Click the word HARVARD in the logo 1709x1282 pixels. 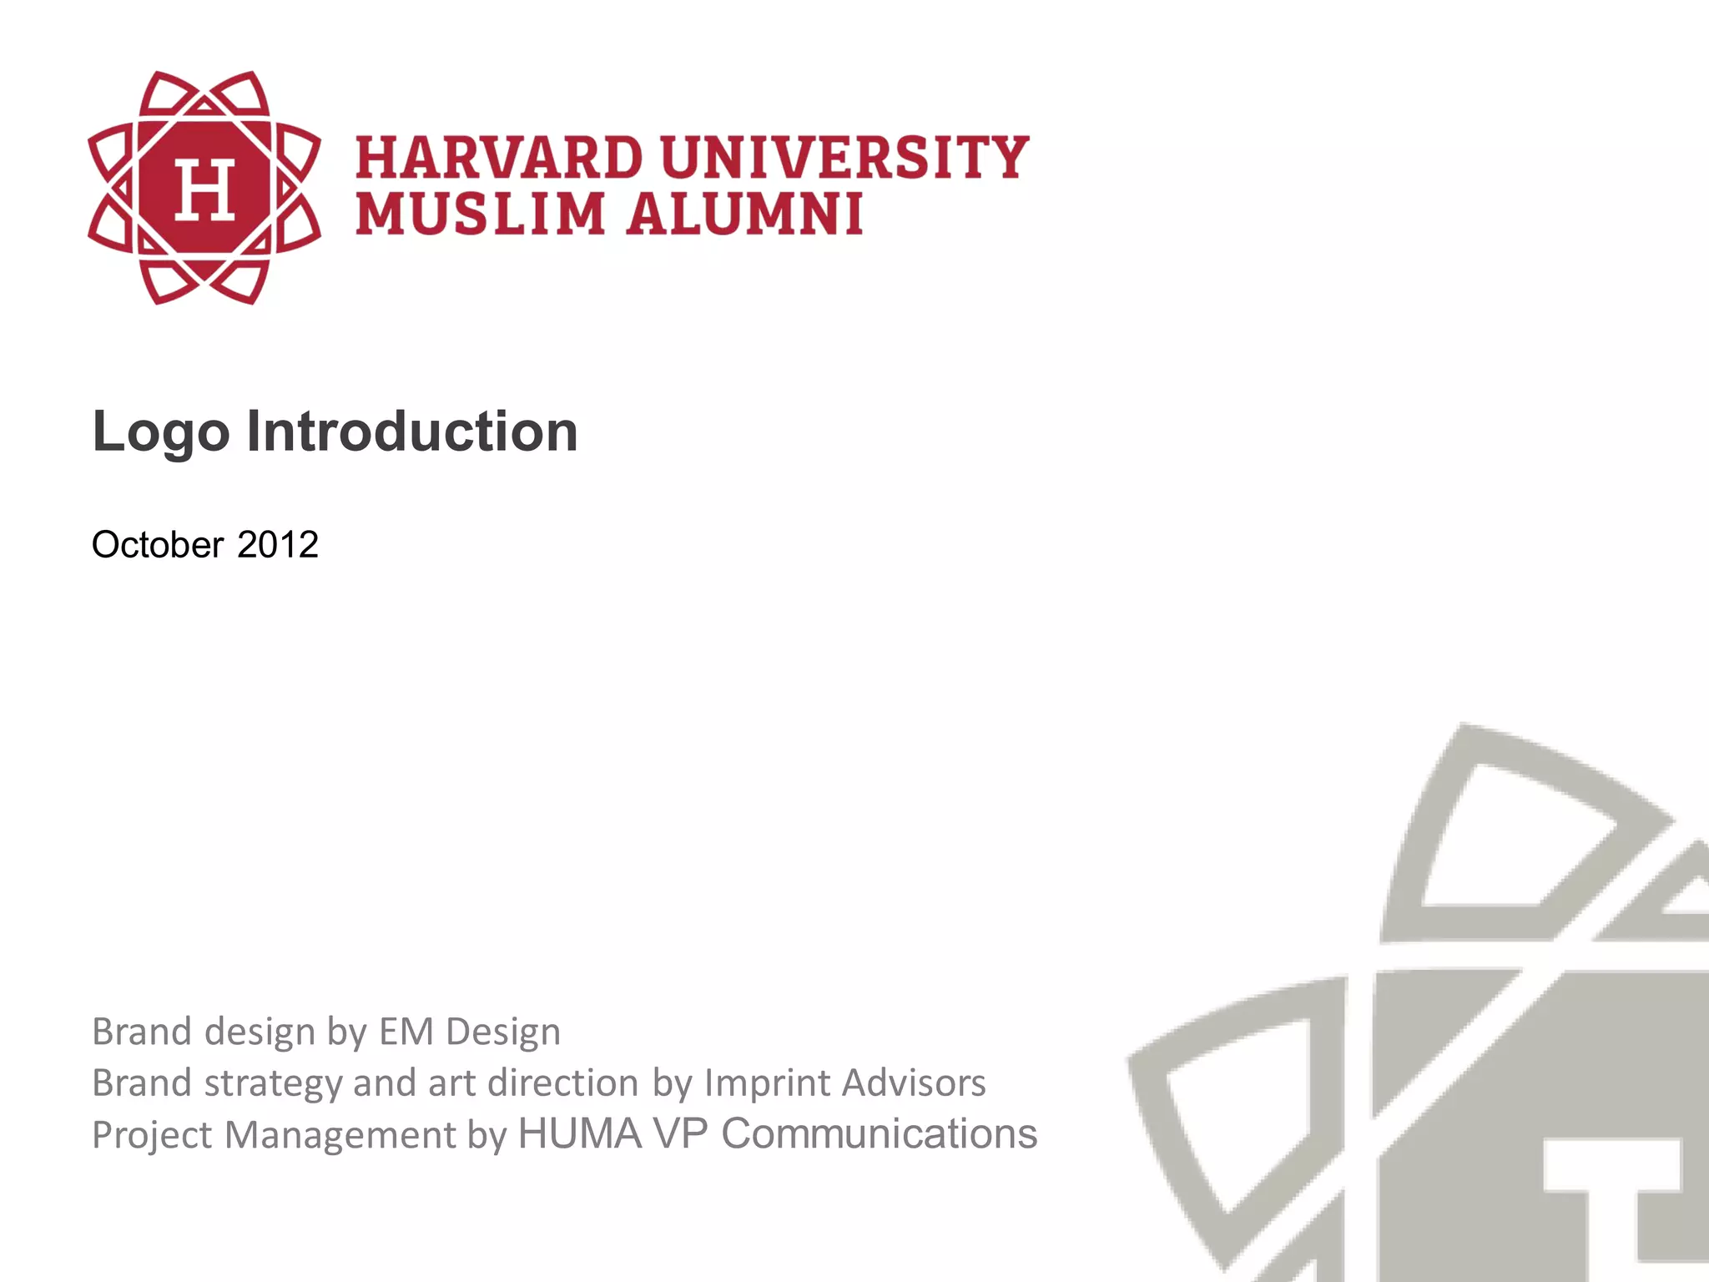tap(499, 158)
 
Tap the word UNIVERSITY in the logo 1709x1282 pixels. tap(844, 158)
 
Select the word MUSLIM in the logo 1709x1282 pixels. tap(480, 214)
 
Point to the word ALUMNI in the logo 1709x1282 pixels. tap(744, 214)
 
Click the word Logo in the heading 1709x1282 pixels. tap(160, 433)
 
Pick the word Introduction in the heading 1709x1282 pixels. tap(411, 432)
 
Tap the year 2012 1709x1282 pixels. tap(278, 545)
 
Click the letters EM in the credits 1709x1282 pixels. tap(406, 1032)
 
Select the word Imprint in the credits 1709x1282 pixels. tap(767, 1083)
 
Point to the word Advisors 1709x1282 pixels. tap(914, 1083)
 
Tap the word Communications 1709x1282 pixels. tap(879, 1134)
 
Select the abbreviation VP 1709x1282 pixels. tap(681, 1134)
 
